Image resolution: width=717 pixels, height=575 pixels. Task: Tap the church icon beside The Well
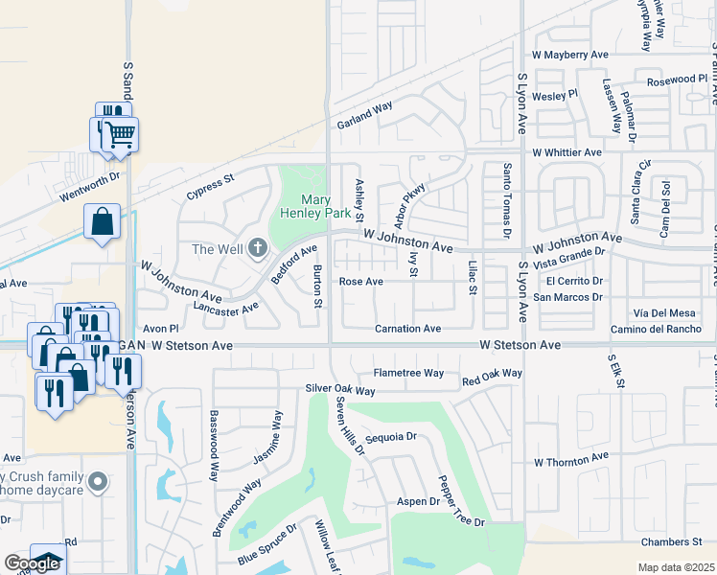pos(256,249)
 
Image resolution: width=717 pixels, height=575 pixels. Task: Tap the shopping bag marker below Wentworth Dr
pos(102,223)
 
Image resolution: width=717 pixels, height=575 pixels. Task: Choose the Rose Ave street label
pos(361,282)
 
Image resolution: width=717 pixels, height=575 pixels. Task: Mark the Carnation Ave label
pos(407,329)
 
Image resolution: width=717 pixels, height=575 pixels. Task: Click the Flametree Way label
pos(408,373)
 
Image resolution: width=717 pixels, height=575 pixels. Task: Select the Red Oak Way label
pos(492,373)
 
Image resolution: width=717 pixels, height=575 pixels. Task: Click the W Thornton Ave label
pos(571,461)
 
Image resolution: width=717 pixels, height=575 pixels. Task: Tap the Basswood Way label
pos(213,447)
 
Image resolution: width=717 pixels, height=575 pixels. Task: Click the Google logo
pos(31,564)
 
